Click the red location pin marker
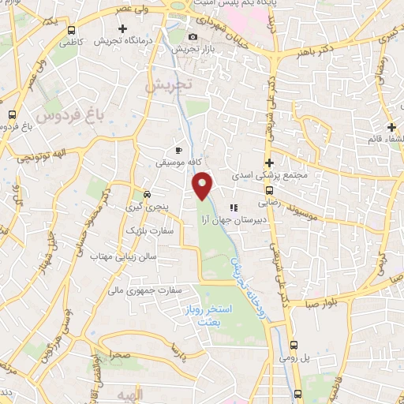[x=204, y=185]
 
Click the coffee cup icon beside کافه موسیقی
[x=179, y=150]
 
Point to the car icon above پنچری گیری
[x=147, y=193]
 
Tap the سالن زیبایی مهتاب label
[x=124, y=257]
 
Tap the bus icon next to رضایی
[x=269, y=190]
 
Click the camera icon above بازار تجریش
[x=193, y=37]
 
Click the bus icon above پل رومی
[x=294, y=345]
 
